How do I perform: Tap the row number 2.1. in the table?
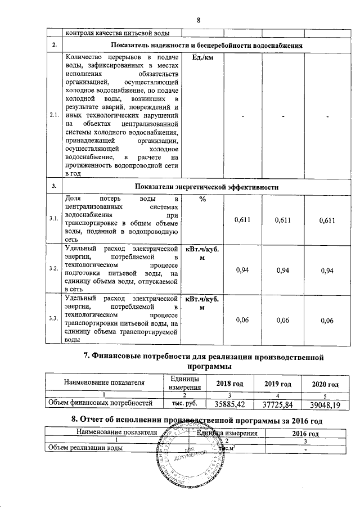coord(55,116)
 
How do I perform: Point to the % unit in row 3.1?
coord(201,201)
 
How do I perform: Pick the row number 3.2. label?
coord(55,269)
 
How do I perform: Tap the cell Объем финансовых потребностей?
coord(101,403)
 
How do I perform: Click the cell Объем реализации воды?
coord(84,448)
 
